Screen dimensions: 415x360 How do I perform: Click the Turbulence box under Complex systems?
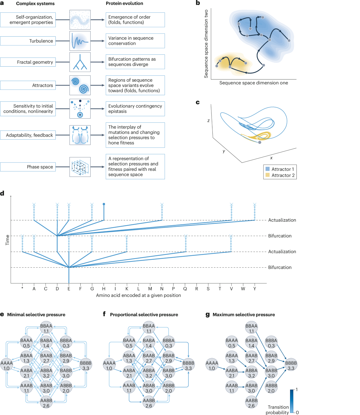pos(28,41)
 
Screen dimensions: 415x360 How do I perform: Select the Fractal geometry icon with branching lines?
pos(80,62)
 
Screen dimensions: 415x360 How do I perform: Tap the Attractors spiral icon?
pos(80,85)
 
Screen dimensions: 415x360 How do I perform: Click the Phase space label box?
pos(28,167)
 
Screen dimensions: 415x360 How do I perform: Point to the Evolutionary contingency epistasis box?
pos(135,109)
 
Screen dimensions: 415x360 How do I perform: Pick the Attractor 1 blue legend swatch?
pos(267,169)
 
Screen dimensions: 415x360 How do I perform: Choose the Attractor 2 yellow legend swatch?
pos(267,175)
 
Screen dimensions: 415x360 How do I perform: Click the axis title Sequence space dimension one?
pos(253,83)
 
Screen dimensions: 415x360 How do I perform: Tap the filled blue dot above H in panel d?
pos(104,204)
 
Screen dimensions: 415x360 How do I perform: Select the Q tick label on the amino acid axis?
pos(185,289)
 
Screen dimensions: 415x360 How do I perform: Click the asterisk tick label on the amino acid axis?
pos(22,289)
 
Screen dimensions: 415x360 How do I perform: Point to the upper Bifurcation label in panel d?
pos(280,236)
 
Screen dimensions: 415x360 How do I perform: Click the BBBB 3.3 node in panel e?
pos(86,365)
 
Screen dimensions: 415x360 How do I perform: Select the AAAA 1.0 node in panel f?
pos(109,365)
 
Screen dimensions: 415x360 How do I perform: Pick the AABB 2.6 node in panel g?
pos(251,403)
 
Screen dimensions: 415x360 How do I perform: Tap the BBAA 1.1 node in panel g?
pos(251,328)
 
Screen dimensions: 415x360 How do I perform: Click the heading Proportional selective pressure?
pos(144,315)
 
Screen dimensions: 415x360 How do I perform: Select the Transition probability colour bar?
pos(292,401)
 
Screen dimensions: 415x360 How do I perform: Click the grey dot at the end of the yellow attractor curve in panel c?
pos(260,142)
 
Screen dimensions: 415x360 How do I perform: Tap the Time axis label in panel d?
pos(7,240)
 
